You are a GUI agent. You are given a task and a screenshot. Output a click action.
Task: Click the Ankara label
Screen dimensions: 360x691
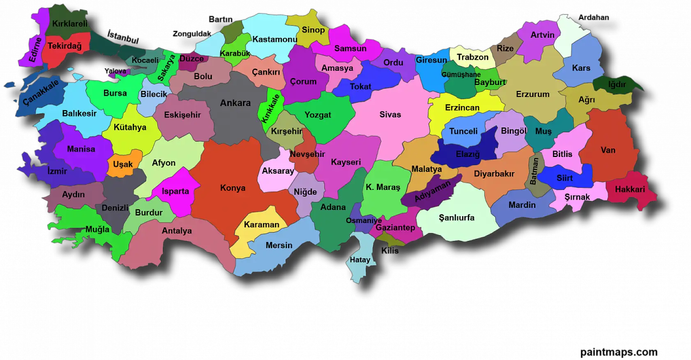(x=235, y=103)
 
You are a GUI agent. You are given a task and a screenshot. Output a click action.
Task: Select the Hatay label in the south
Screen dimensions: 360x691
(x=360, y=260)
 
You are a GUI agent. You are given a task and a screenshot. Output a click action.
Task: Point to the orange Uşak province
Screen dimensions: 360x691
(x=123, y=164)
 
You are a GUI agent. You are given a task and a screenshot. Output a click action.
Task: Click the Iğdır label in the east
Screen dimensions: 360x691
(x=617, y=84)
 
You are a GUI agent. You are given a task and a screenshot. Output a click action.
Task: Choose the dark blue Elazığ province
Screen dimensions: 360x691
(x=468, y=154)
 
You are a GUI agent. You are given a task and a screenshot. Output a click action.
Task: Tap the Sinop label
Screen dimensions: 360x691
(x=313, y=30)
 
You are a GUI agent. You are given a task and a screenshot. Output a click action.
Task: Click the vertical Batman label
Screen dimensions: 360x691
(x=533, y=171)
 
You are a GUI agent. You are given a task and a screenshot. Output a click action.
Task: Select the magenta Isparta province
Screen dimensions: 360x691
(x=175, y=191)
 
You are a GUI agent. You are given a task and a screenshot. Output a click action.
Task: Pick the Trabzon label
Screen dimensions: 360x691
(x=472, y=57)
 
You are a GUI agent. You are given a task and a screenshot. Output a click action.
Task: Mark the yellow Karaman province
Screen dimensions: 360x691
(x=261, y=224)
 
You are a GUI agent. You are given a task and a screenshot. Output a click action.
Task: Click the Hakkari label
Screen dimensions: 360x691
(x=630, y=189)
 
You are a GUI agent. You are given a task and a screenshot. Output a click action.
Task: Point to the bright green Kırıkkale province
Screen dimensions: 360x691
(x=271, y=108)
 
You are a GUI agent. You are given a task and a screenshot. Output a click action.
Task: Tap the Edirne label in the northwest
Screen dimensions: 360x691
(x=35, y=49)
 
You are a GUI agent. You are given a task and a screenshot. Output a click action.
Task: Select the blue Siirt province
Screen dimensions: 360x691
(x=564, y=178)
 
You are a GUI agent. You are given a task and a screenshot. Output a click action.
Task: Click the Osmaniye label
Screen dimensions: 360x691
(x=364, y=220)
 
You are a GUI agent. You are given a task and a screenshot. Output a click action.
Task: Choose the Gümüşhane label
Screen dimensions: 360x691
(x=461, y=74)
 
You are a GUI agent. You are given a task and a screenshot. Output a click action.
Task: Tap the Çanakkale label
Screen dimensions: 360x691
(x=40, y=92)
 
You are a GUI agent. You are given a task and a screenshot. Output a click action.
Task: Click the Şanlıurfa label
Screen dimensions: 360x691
(x=456, y=217)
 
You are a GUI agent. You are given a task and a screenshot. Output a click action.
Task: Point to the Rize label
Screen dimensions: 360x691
(x=505, y=48)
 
